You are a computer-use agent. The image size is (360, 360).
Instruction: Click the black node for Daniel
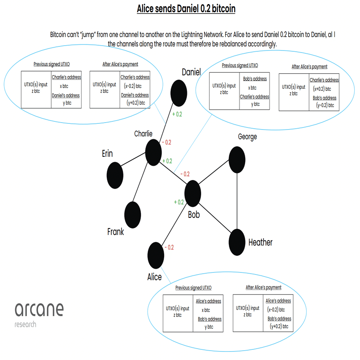[x=179, y=93]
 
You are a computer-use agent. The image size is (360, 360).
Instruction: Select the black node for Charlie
[x=154, y=152]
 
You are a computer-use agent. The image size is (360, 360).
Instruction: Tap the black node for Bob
[x=193, y=193]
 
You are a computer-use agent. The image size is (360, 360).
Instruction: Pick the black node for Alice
[x=156, y=255]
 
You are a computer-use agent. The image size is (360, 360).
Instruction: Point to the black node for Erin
[x=115, y=176]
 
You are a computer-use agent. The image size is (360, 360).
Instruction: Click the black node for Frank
[x=132, y=215]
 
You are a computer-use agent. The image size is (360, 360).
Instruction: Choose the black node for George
[x=237, y=160]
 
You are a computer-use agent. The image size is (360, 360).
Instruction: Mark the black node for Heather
[x=237, y=242]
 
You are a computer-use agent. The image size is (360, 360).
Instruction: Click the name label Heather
[x=260, y=242]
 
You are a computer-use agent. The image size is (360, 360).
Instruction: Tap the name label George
[x=248, y=137]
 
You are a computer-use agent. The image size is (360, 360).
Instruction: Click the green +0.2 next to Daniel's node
[x=177, y=114]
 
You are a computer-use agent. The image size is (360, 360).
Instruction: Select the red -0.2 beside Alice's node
[x=169, y=248]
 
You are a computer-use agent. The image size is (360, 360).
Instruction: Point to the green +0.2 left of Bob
[x=179, y=202]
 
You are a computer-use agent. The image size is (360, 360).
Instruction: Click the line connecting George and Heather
[x=237, y=201]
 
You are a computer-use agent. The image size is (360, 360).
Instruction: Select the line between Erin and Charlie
[x=133, y=159]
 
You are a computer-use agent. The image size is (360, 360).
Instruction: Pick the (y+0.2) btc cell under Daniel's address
[x=136, y=103]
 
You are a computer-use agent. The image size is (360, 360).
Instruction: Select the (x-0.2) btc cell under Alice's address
[x=276, y=310]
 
